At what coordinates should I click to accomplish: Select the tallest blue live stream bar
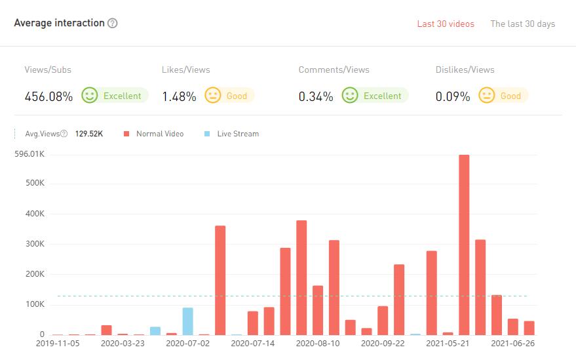click(x=187, y=321)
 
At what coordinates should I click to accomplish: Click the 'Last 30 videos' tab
click(x=446, y=24)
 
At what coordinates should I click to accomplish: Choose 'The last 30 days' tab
click(x=522, y=24)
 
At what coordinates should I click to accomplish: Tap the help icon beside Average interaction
click(x=113, y=24)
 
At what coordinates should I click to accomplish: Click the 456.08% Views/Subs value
click(x=48, y=96)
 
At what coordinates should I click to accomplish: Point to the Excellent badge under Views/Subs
click(x=115, y=96)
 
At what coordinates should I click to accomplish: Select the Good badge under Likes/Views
click(x=229, y=96)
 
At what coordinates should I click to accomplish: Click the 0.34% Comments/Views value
click(x=316, y=96)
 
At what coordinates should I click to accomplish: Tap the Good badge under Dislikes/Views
click(x=503, y=96)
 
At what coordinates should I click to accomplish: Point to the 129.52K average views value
click(x=89, y=134)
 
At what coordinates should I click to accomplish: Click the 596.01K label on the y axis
click(x=29, y=154)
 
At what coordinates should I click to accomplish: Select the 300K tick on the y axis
click(x=34, y=244)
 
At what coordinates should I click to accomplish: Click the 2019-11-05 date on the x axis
click(x=58, y=343)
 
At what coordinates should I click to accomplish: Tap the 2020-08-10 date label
click(x=318, y=343)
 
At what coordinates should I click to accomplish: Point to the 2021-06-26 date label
click(x=513, y=343)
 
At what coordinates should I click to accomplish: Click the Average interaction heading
click(x=59, y=23)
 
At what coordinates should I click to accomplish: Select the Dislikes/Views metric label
click(x=465, y=70)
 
